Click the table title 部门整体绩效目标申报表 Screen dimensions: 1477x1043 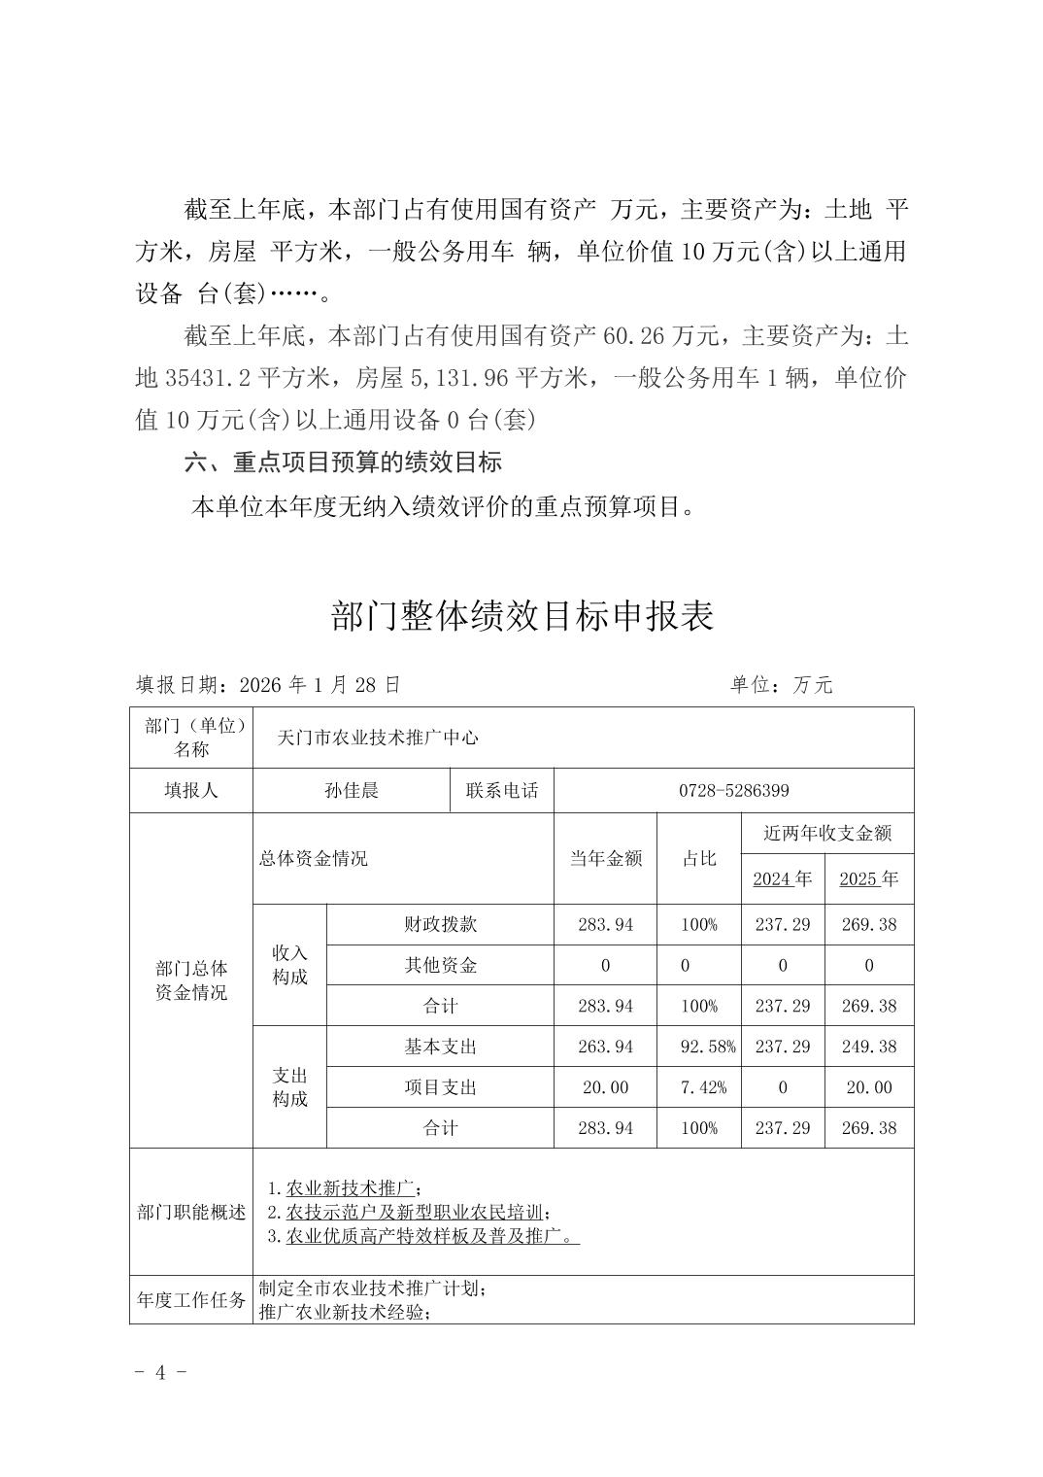(x=521, y=616)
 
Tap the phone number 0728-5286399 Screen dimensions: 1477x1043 (x=733, y=791)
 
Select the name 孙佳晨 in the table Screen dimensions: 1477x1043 (x=352, y=791)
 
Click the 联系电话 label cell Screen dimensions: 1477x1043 (x=502, y=791)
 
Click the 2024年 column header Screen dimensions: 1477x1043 (x=782, y=879)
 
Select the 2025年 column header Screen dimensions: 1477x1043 (x=868, y=879)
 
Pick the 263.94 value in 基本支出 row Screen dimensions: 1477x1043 (x=605, y=1047)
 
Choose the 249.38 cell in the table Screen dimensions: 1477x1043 (x=869, y=1047)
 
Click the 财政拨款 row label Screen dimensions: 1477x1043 (x=440, y=924)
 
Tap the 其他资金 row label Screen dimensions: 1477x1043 (x=440, y=965)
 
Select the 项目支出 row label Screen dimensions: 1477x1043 (x=440, y=1087)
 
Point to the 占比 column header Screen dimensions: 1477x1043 (x=699, y=858)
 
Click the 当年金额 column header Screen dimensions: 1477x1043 (x=605, y=858)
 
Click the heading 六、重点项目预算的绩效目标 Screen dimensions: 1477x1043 (x=343, y=463)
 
